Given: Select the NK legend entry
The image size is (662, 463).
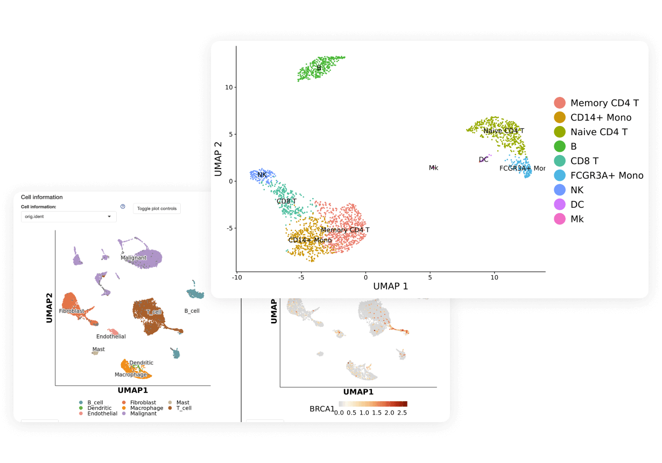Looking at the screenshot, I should (x=576, y=190).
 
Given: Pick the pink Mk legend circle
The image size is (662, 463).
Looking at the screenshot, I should (x=560, y=219).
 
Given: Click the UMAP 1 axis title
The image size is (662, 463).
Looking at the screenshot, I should (x=390, y=286).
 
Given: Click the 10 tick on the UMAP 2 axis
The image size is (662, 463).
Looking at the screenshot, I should (x=229, y=87).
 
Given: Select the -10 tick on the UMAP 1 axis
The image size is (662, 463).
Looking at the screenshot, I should (x=236, y=277).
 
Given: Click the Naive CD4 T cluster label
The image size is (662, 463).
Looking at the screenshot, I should (x=503, y=131).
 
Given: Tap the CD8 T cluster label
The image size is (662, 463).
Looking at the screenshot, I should (x=286, y=201).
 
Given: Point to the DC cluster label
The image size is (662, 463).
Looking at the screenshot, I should (x=483, y=159).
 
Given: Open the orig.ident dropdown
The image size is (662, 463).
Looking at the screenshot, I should (x=69, y=216).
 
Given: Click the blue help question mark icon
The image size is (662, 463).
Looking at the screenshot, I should (x=123, y=207).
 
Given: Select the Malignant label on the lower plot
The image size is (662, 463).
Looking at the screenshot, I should (x=133, y=258).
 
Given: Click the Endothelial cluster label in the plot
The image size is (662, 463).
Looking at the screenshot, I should (x=111, y=336).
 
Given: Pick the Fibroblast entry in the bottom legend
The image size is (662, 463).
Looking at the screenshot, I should (x=143, y=403).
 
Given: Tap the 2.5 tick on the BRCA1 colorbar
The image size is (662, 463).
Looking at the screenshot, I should (x=402, y=412).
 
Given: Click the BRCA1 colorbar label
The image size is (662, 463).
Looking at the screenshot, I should (x=321, y=409).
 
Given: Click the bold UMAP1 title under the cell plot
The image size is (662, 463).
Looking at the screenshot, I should (x=132, y=390).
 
